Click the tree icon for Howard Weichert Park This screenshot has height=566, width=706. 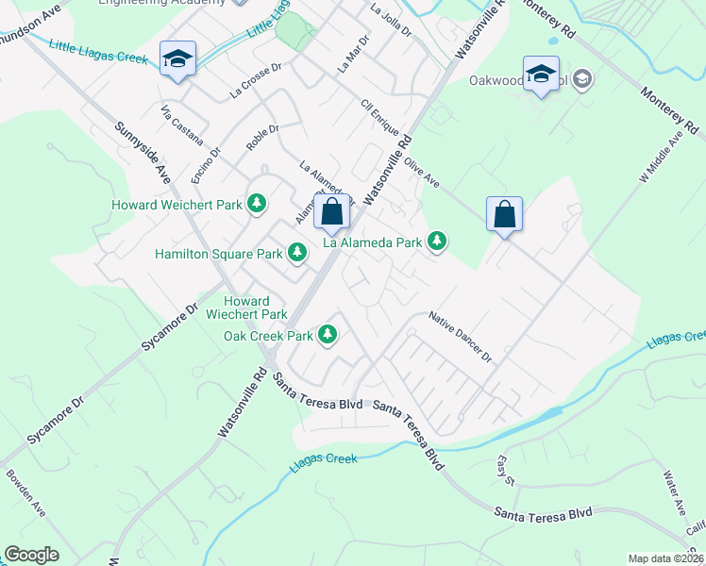(256, 203)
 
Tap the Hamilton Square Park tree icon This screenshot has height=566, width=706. (297, 252)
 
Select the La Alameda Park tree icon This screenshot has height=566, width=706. (436, 241)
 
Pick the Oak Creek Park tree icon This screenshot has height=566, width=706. (328, 334)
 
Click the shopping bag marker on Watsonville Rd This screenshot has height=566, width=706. (331, 213)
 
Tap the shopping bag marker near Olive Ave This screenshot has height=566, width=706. (504, 214)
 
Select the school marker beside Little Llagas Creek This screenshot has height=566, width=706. (176, 59)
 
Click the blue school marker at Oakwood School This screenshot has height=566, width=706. (541, 74)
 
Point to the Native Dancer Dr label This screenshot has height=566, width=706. (461, 337)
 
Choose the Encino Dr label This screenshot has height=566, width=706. (205, 165)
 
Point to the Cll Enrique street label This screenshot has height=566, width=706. (379, 120)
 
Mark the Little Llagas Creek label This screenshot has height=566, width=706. (97, 52)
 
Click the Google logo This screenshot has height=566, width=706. (31, 555)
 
